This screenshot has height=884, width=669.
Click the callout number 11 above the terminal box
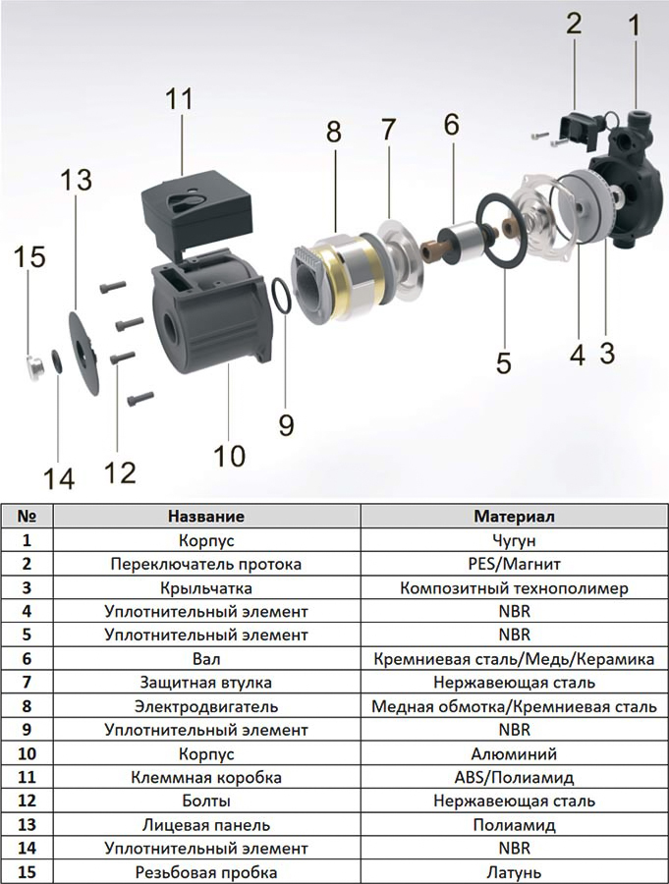180,99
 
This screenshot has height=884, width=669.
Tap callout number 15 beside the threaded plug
28,257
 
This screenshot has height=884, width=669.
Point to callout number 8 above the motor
333,132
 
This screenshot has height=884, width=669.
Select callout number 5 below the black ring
503,362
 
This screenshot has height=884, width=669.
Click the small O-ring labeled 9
282,296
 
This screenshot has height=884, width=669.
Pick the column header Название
206,516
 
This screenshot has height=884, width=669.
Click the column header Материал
514,516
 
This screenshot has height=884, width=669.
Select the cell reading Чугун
514,540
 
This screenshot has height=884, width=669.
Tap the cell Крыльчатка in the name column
206,588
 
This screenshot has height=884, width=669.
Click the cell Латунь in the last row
514,872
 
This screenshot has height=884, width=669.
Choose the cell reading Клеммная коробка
206,778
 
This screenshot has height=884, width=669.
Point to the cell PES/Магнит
514,564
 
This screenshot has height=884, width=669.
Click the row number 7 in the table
27,683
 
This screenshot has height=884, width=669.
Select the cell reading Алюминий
514,753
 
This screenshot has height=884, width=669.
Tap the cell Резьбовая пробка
206,872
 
